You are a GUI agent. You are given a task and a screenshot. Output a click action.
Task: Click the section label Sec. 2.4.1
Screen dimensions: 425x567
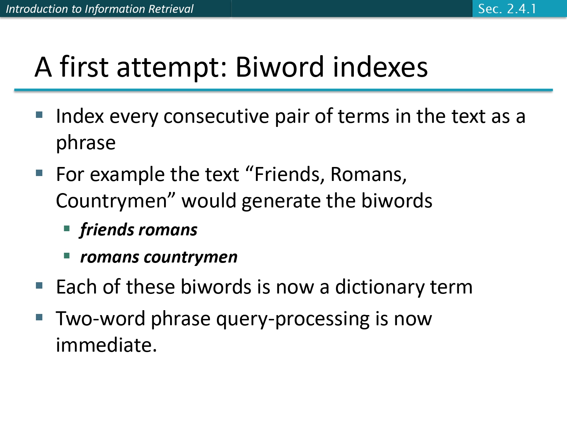coord(507,9)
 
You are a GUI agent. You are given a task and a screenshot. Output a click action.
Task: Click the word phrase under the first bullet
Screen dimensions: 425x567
coord(86,143)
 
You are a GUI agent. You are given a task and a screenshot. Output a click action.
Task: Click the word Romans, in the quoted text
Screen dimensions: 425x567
coord(369,175)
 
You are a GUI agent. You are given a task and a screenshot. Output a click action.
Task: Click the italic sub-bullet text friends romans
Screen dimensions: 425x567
coord(138,230)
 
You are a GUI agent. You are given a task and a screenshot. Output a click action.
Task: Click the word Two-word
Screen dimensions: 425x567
coord(101,319)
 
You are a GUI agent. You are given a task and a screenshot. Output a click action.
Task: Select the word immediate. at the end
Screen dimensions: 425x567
coord(106,345)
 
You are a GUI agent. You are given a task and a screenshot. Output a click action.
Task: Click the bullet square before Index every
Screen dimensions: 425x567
coord(39,115)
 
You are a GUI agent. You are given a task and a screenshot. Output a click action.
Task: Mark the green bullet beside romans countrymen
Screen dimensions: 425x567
coord(67,256)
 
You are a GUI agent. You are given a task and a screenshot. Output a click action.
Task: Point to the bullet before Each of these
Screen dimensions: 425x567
coord(39,286)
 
